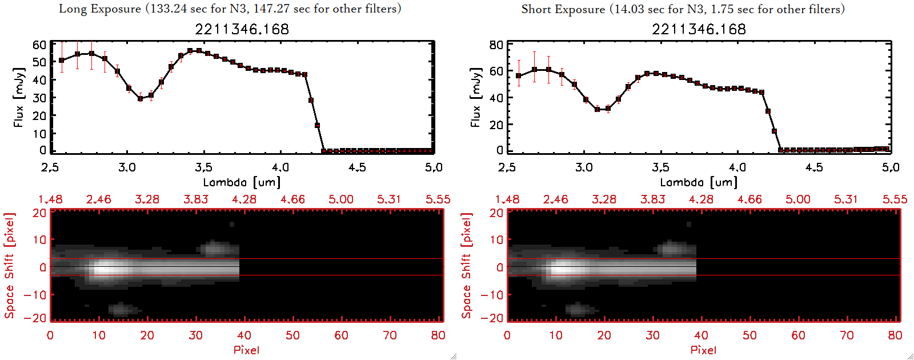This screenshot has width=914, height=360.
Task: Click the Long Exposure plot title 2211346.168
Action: click(x=242, y=29)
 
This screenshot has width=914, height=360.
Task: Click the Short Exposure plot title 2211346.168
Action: click(x=699, y=29)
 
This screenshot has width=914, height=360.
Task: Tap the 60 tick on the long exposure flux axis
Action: click(x=39, y=45)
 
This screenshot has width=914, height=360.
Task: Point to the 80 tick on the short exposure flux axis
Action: click(x=496, y=45)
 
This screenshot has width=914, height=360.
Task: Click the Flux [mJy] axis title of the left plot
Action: click(x=19, y=97)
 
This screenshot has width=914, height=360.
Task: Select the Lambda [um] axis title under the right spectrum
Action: click(x=699, y=182)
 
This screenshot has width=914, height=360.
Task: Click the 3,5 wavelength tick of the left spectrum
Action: click(x=203, y=167)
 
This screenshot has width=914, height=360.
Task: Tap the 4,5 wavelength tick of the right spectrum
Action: click(x=814, y=167)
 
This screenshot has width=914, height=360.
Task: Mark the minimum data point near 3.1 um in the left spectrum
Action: click(x=141, y=98)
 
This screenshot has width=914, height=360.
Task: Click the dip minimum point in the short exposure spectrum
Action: click(x=598, y=109)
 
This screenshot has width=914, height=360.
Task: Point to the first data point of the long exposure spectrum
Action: click(x=62, y=60)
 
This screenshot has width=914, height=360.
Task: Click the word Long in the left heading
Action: click(x=73, y=9)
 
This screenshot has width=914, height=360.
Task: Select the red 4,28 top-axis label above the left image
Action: click(x=244, y=199)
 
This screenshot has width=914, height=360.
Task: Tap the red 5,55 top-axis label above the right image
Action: click(x=895, y=199)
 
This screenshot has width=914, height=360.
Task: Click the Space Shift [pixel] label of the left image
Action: click(x=9, y=266)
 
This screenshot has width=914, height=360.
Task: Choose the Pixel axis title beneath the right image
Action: click(x=703, y=350)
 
